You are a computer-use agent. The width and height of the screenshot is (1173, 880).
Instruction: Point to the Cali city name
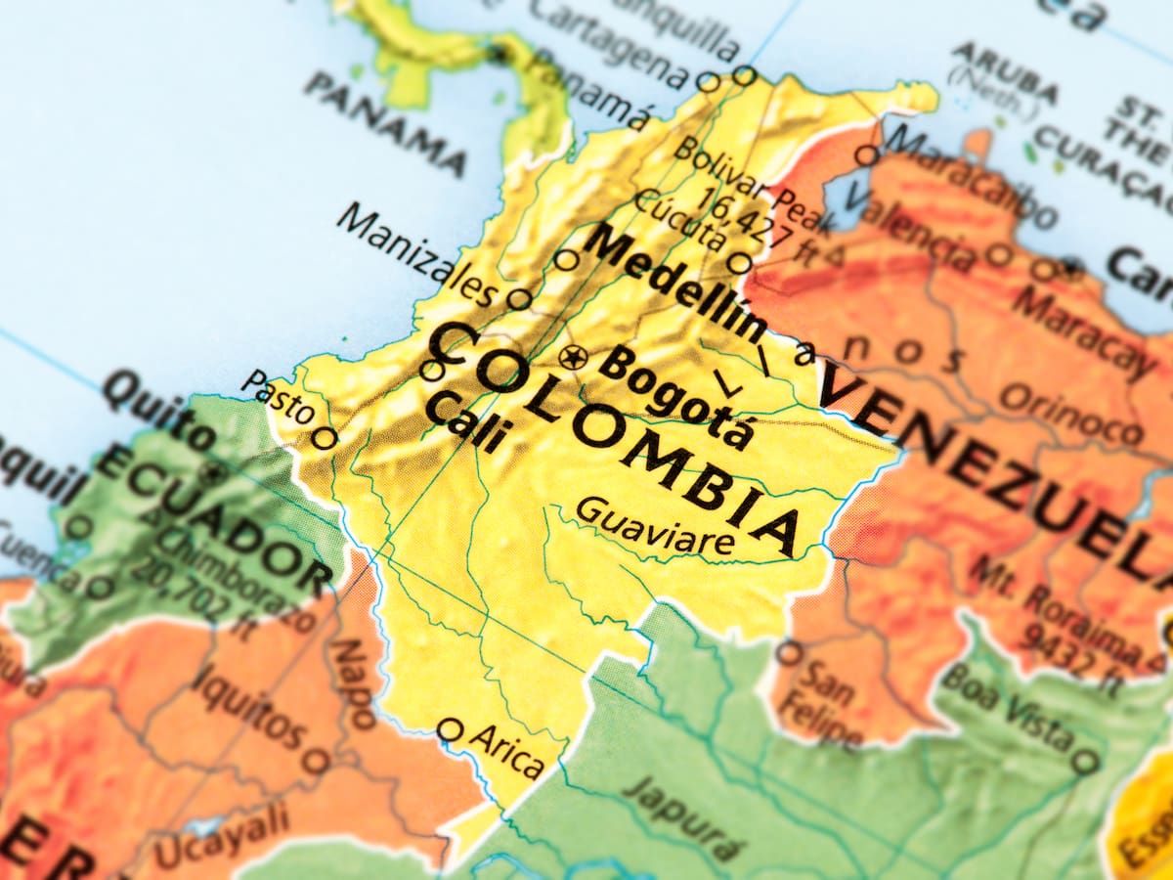coord(465,420)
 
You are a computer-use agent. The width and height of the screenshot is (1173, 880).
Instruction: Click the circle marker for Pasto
coord(325,437)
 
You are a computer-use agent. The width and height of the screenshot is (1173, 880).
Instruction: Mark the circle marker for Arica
coord(450,729)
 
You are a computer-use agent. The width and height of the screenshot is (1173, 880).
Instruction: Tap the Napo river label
coord(352,683)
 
